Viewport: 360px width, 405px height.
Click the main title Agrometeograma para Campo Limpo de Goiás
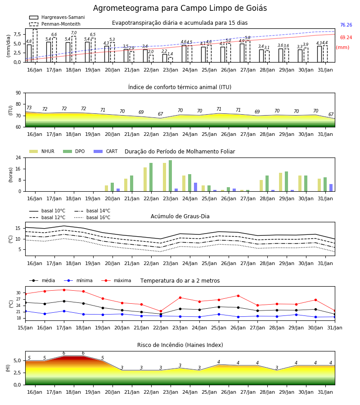(x=180, y=8)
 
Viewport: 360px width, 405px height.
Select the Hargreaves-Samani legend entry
(x=57, y=17)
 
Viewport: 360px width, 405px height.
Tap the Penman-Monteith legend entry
(x=55, y=24)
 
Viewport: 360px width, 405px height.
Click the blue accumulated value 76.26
(x=346, y=25)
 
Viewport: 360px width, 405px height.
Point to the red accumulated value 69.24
(x=346, y=37)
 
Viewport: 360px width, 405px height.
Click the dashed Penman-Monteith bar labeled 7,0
(x=74, y=49)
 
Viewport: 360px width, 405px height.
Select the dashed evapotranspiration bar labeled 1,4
(x=171, y=60)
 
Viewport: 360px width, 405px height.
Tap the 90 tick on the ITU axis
(x=18, y=93)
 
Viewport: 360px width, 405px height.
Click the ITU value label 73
(x=29, y=108)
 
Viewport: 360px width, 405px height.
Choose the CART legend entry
(x=106, y=151)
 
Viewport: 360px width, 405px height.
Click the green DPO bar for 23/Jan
(x=170, y=176)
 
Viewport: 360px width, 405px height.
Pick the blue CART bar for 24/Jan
(x=195, y=187)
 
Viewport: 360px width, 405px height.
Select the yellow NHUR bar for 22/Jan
(x=145, y=180)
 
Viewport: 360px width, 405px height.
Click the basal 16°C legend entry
(x=92, y=217)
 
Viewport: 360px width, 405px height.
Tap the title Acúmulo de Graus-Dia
(x=180, y=216)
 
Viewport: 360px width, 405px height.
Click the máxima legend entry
(x=117, y=280)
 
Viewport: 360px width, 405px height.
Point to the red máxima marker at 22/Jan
(x=161, y=311)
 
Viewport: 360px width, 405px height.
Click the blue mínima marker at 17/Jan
(x=64, y=311)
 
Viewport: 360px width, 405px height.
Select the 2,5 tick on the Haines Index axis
(x=18, y=373)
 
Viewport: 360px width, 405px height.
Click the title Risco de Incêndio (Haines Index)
(x=180, y=345)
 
